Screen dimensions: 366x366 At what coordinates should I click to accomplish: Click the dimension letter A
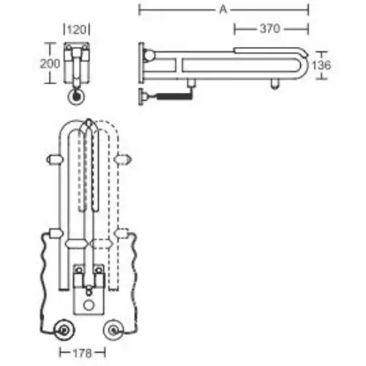click(x=222, y=10)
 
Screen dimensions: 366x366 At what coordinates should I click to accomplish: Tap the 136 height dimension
click(x=321, y=65)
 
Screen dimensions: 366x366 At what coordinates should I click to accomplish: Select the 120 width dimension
click(x=77, y=30)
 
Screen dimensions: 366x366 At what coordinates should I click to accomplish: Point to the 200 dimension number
click(x=50, y=63)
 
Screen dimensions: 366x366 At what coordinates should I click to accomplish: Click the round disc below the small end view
click(x=76, y=97)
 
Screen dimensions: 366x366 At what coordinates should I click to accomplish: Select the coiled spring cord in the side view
click(x=172, y=94)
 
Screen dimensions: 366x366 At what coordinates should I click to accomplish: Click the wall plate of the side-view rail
click(x=141, y=66)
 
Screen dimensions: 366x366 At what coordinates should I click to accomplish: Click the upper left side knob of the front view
click(x=52, y=158)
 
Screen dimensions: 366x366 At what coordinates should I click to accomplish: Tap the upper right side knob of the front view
click(x=124, y=158)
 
